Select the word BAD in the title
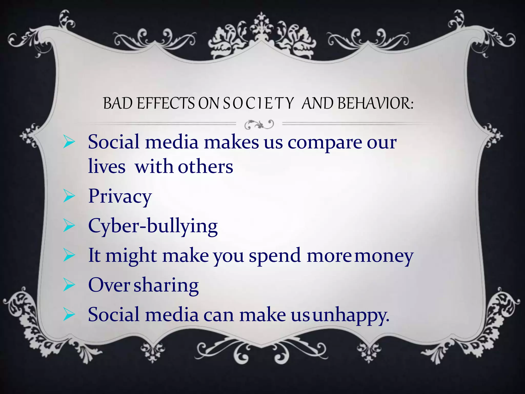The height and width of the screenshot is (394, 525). [118, 103]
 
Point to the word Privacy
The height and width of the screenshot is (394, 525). [120, 196]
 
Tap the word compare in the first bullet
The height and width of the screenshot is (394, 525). [324, 143]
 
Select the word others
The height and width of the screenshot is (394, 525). [205, 167]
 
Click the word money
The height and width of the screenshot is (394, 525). [384, 256]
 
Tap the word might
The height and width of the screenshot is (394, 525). [131, 256]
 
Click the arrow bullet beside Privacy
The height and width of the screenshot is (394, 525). [69, 197]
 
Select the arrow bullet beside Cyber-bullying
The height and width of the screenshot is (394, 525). [69, 226]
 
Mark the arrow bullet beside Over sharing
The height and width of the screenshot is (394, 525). [69, 285]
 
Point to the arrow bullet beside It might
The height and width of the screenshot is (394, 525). [69, 256]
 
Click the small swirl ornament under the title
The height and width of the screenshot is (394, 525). [259, 125]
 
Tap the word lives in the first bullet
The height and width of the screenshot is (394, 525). [107, 167]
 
